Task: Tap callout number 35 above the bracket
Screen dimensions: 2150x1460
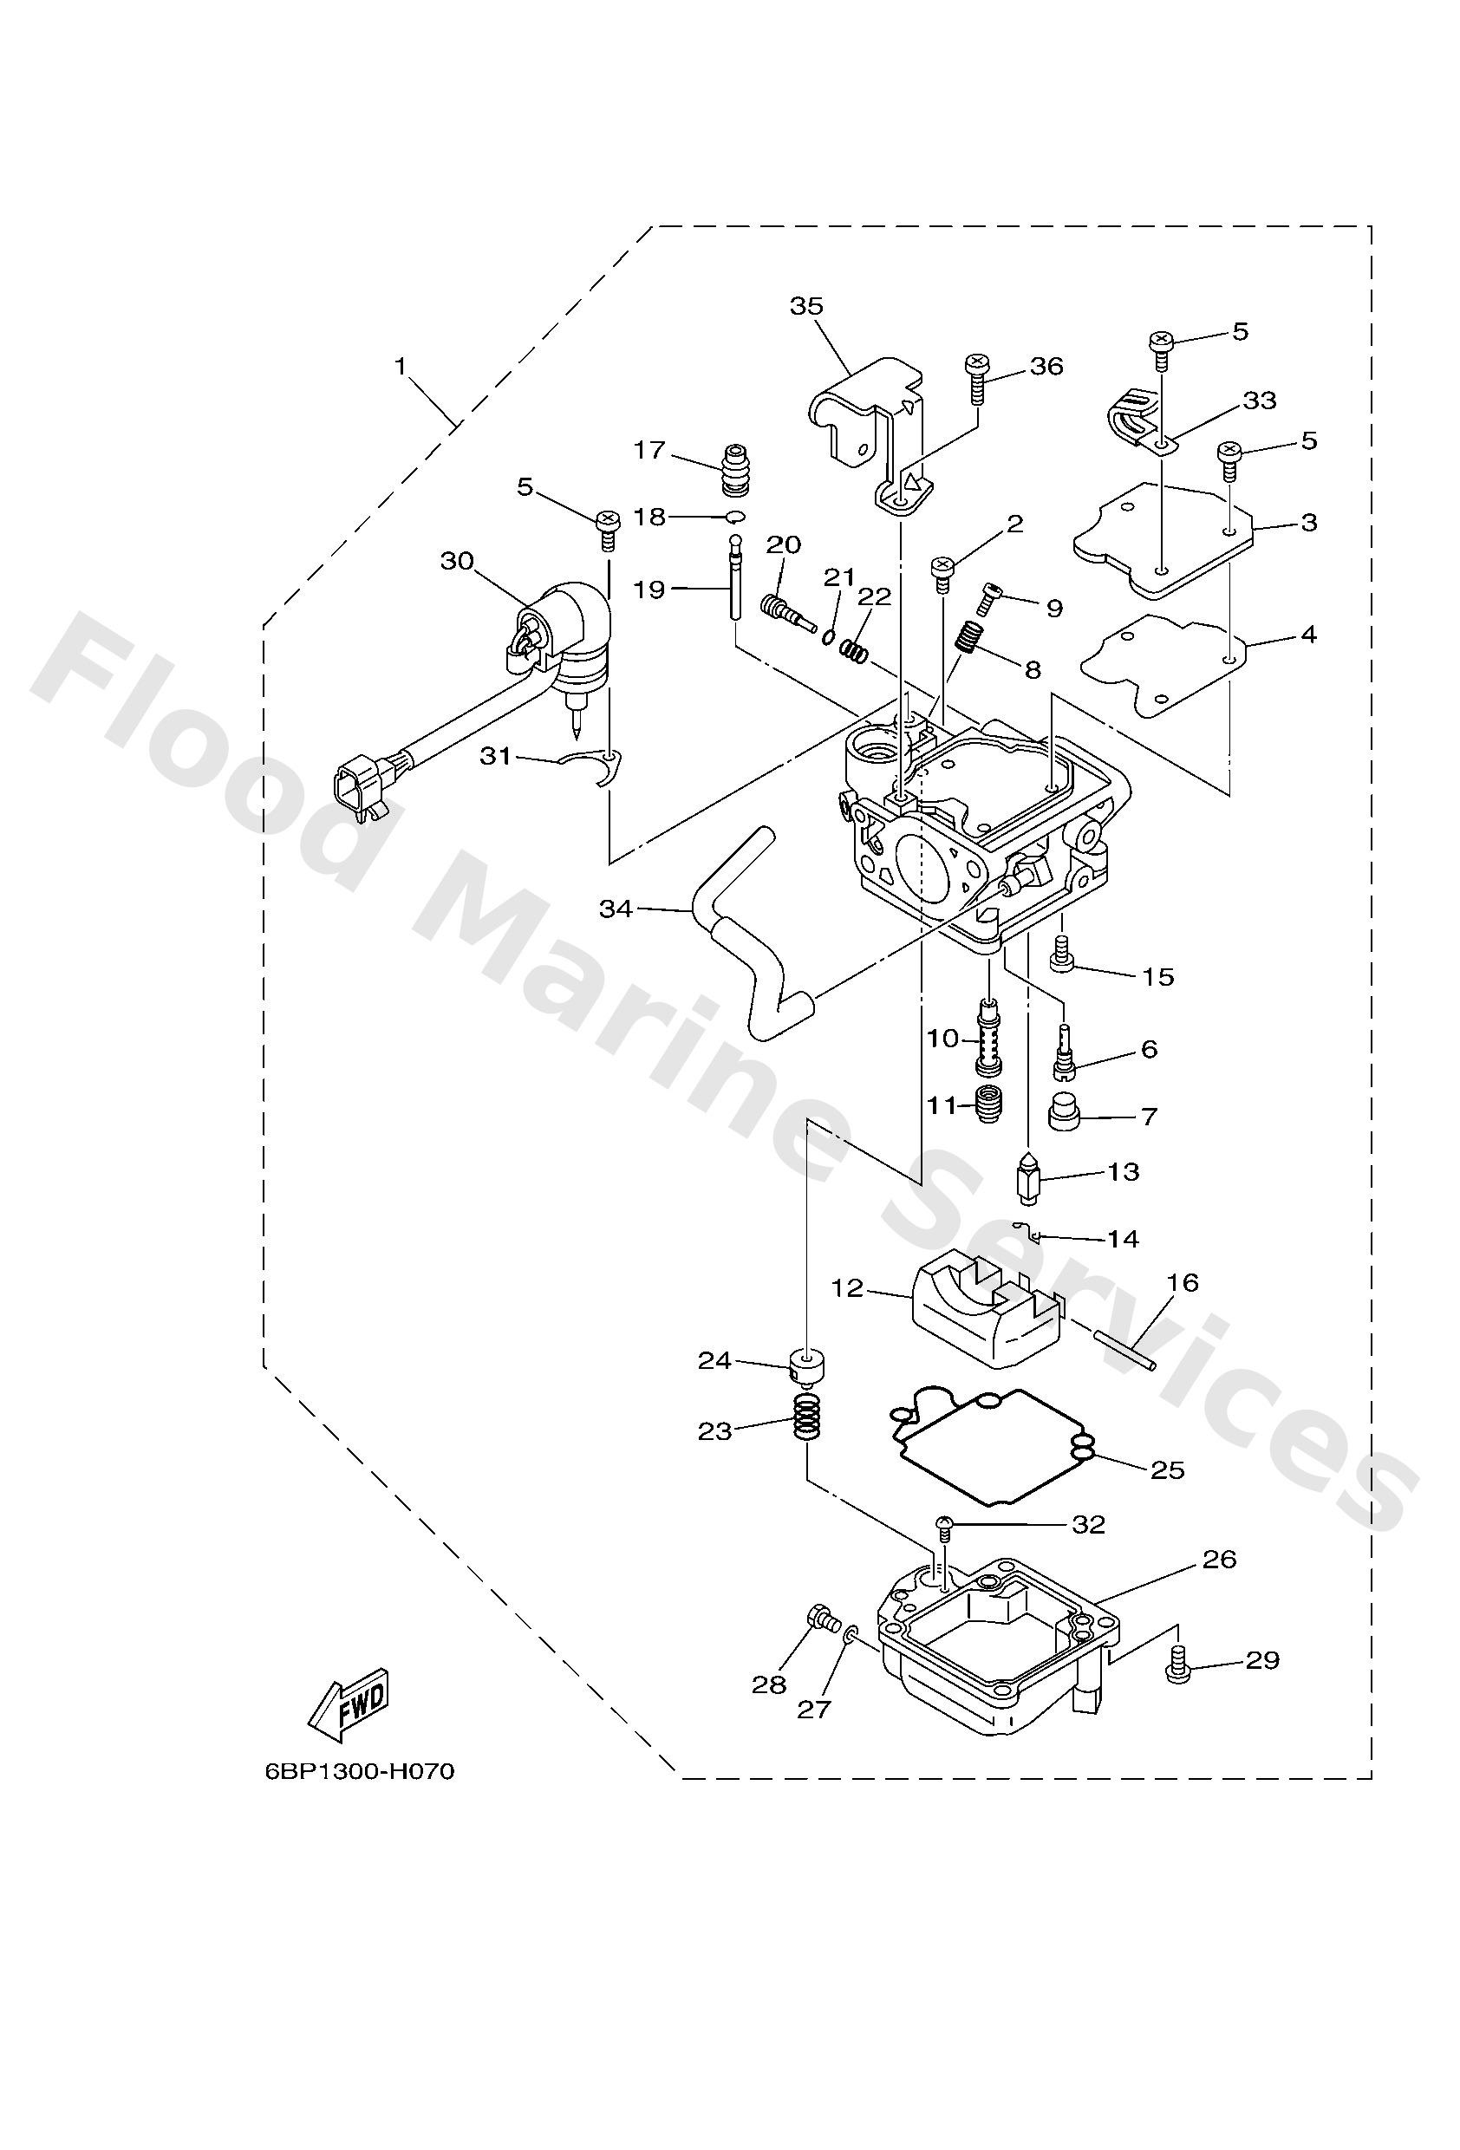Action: pos(806,306)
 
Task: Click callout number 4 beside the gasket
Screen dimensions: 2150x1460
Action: pos(1308,635)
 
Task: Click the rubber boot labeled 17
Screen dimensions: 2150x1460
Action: pos(735,469)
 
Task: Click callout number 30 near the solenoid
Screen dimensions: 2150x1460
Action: pos(456,562)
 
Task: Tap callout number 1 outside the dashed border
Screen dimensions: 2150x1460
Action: pos(401,368)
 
